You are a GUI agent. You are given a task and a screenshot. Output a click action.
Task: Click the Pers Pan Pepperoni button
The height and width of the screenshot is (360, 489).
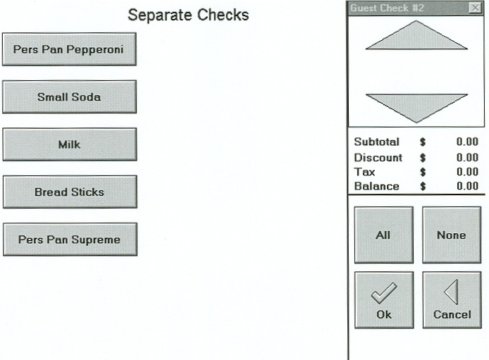point(69,49)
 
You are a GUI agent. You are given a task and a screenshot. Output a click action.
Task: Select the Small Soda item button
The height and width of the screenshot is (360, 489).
point(69,97)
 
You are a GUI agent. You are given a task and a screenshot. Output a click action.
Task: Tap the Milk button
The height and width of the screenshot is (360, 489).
point(70,144)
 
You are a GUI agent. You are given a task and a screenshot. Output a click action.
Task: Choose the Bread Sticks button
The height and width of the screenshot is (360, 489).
point(70,192)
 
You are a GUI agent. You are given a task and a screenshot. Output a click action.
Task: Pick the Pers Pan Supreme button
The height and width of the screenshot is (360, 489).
point(70,240)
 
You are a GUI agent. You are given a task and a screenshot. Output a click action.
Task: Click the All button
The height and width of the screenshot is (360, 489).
point(384,235)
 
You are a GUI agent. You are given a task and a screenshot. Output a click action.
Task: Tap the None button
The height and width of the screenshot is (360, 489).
point(452,235)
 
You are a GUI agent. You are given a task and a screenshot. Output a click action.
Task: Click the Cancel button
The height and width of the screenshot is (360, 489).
point(452,300)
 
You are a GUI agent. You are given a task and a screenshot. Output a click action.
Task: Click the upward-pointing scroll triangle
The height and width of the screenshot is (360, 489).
point(416,35)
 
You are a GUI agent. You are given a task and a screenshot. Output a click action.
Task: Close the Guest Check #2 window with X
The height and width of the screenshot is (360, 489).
point(476,8)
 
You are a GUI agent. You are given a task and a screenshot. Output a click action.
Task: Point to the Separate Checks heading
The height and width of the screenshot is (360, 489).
point(188,15)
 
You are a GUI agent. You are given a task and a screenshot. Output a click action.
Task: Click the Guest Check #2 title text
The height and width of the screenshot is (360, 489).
point(387,8)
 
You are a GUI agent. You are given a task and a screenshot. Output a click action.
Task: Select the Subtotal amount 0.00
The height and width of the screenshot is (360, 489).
point(467,142)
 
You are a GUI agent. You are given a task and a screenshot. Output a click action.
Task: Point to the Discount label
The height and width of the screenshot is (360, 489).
point(378,158)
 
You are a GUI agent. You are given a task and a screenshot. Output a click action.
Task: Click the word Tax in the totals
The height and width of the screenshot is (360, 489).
point(364,172)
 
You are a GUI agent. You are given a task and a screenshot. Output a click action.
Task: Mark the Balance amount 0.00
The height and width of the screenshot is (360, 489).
point(467,186)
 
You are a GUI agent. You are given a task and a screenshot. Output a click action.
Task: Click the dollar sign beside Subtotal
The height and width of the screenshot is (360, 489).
point(423,142)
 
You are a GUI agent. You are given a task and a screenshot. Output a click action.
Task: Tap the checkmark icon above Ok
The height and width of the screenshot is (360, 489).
point(384,292)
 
